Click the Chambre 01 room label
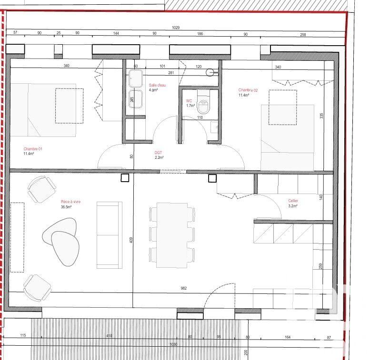point(33,149)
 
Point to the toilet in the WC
point(203,103)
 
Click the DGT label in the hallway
point(159,152)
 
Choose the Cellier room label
point(293,201)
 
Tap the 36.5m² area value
point(66,207)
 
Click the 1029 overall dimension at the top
point(175,28)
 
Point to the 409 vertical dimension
point(131,240)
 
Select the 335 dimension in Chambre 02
point(322,116)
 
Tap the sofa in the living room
point(109,234)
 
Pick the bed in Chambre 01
point(43,110)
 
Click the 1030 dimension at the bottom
point(174,345)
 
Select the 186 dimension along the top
point(200,34)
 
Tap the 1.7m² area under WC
point(190,106)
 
